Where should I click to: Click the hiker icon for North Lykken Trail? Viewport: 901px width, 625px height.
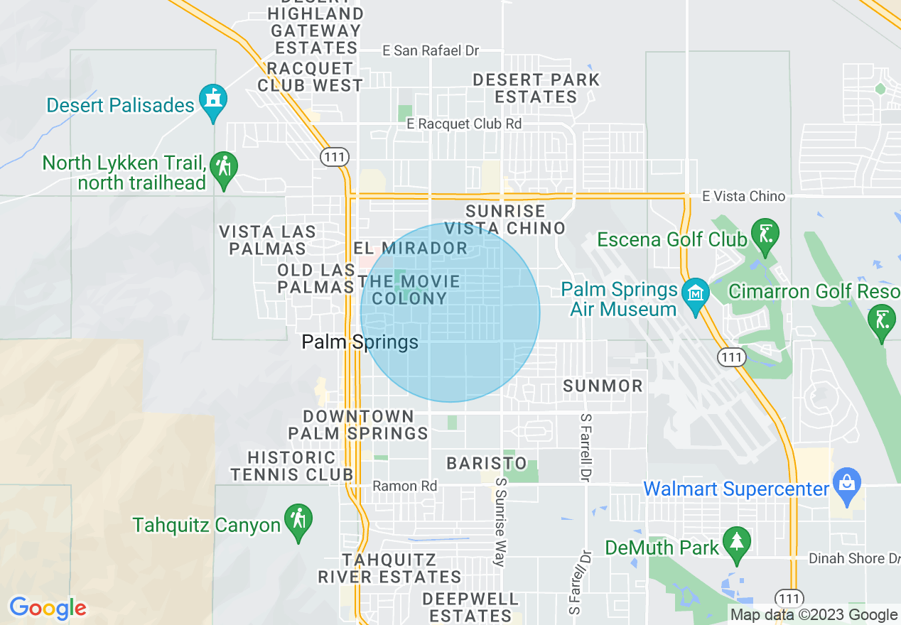224,168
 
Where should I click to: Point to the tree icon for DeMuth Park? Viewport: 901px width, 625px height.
736,543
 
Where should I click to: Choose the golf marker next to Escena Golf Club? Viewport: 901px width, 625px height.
765,234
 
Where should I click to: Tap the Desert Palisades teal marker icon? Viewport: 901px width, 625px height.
212,100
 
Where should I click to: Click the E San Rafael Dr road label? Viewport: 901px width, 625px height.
431,51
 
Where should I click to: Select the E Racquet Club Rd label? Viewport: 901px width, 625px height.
464,124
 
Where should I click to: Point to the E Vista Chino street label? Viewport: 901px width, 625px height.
743,196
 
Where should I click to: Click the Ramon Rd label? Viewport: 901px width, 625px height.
405,487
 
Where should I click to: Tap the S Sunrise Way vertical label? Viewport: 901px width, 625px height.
500,521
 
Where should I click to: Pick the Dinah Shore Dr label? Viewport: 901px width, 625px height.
854,559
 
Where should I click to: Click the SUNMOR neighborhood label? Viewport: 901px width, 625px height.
603,386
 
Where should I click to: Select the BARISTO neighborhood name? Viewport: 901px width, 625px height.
487,464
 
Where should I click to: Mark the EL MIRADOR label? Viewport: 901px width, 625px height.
410,248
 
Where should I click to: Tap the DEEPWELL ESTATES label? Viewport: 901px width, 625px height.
470,607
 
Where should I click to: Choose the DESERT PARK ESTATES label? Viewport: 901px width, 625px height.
536,88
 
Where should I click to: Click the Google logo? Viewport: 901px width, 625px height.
48,608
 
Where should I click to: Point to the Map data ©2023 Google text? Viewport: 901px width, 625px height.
814,615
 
